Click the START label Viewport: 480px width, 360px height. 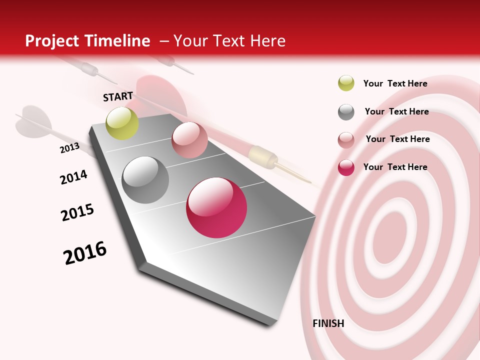point(118,96)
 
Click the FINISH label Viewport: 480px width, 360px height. point(328,323)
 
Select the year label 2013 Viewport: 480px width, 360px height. point(69,148)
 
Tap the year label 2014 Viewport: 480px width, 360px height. point(73,177)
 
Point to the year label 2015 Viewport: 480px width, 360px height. point(77,212)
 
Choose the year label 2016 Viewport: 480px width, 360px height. point(85,252)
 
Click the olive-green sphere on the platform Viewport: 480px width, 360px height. point(122,123)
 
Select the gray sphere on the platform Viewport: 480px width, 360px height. point(145,180)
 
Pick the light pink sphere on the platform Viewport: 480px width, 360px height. point(189,140)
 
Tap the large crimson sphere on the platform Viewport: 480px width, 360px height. point(216,207)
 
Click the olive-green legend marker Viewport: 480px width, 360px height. point(346,83)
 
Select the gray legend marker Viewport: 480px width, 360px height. point(346,112)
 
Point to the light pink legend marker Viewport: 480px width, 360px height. point(346,140)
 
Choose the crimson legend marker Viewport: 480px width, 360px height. point(346,167)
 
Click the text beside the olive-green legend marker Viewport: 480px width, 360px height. point(395,83)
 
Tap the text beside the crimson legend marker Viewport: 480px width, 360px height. point(395,167)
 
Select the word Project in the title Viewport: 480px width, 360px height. point(52,41)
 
